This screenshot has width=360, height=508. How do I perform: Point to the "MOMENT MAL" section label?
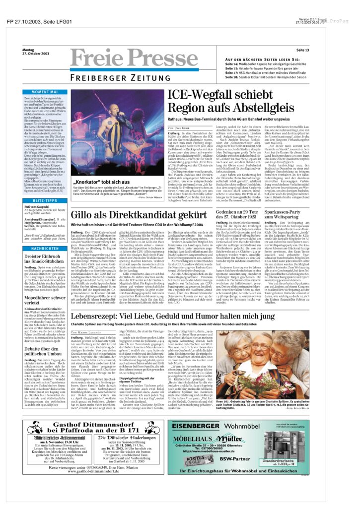coord(44,92)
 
